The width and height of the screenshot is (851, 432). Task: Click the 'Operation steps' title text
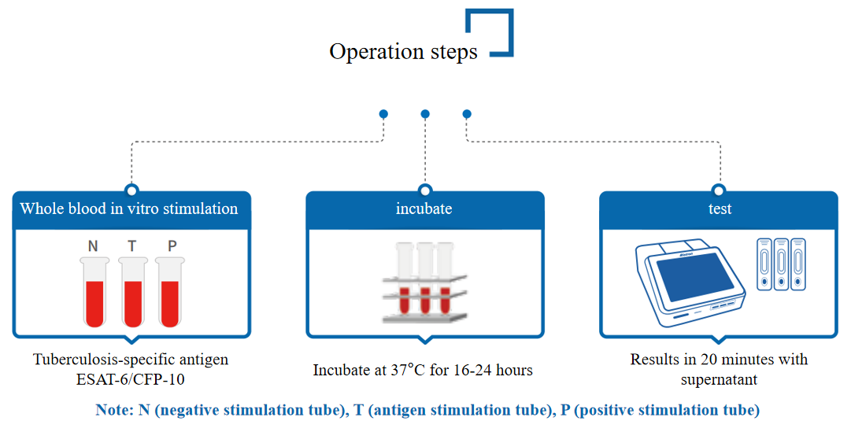click(x=403, y=52)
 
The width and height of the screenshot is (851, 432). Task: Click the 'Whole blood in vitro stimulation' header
click(x=129, y=209)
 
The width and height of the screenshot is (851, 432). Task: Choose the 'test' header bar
click(x=720, y=209)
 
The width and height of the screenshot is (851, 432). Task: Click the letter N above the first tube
click(x=93, y=246)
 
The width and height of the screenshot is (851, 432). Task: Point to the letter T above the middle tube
click(x=132, y=246)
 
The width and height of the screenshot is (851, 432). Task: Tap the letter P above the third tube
click(x=172, y=246)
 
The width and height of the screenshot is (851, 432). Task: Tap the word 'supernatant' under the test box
click(x=720, y=379)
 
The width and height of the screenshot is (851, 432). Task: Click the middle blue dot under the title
click(x=425, y=114)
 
